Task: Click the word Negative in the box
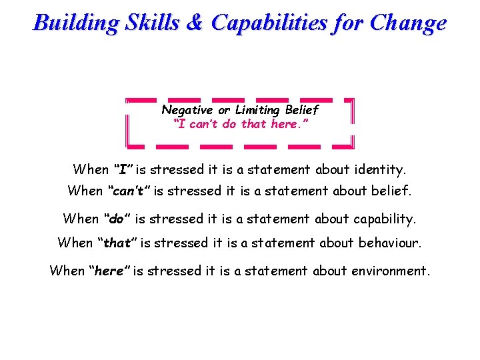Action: [187, 109]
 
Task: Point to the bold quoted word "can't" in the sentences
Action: [127, 192]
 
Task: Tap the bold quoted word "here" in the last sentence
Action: [110, 271]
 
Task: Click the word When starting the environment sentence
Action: [67, 271]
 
